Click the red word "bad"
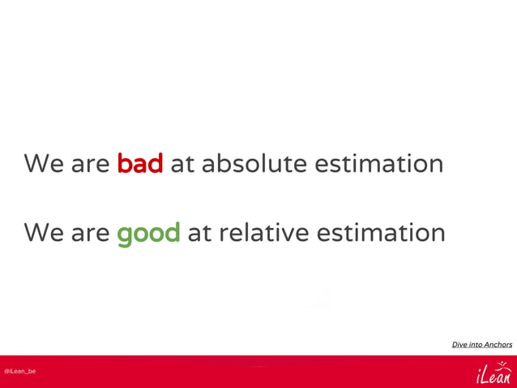click(x=140, y=164)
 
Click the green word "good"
click(x=148, y=234)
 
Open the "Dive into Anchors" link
click(x=481, y=344)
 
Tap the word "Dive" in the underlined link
click(x=459, y=344)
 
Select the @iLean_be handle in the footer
click(x=19, y=371)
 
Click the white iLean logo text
click(x=494, y=376)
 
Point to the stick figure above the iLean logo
click(x=503, y=365)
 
